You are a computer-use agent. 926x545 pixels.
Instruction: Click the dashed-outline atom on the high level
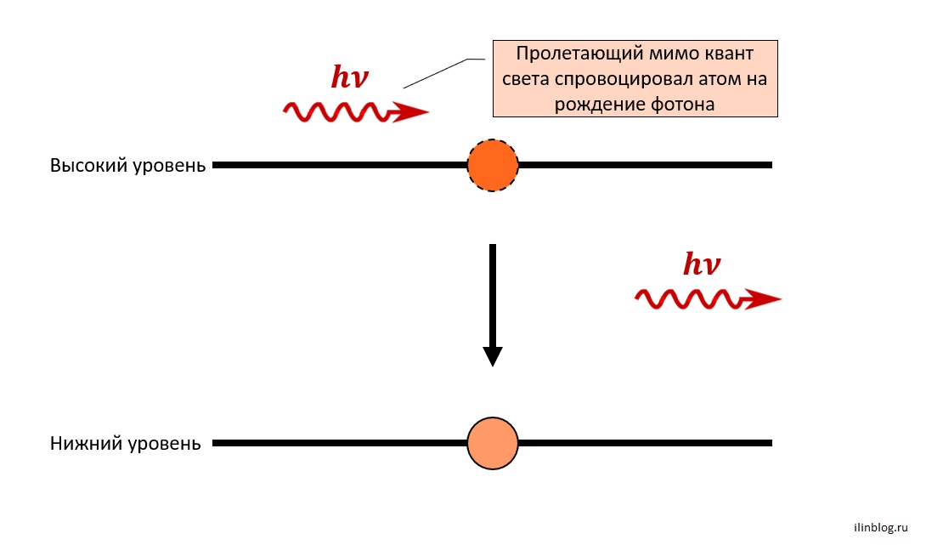(x=493, y=166)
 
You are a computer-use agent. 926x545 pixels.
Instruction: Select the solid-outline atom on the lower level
(x=493, y=443)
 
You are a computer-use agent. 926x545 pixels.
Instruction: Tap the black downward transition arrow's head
(x=493, y=356)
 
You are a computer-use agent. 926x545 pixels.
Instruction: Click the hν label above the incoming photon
(x=350, y=77)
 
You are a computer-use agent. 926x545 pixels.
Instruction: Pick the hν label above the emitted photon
(x=702, y=264)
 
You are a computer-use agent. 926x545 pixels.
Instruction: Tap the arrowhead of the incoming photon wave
(x=409, y=111)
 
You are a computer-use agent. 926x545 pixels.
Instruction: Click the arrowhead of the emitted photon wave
(x=762, y=299)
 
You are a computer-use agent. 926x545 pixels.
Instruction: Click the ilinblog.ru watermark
(x=881, y=527)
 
